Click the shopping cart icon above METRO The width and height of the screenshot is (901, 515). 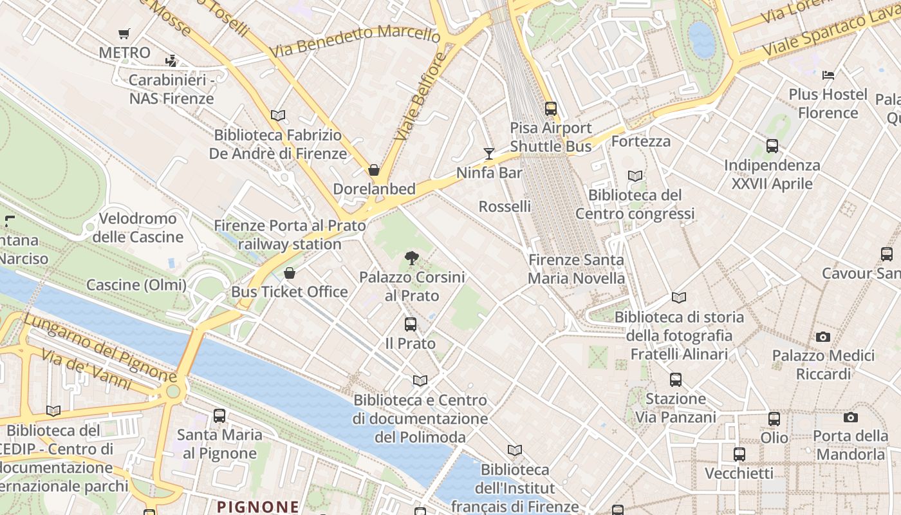coord(124,33)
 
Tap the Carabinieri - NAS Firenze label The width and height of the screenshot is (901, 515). coord(171,89)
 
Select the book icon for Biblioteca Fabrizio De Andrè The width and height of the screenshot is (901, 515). coord(278,115)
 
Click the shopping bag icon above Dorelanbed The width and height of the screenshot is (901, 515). coord(373,170)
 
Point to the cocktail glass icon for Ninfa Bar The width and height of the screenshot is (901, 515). coord(489,153)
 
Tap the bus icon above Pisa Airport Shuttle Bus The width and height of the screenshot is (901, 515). coord(550,108)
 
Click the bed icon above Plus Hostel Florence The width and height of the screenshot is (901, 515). coord(828,75)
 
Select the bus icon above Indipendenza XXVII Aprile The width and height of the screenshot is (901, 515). coord(772,146)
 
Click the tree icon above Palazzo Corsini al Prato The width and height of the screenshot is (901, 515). coord(412,258)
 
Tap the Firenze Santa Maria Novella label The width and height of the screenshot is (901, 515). coord(576,269)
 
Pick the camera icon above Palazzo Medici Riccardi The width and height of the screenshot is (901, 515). coord(822,337)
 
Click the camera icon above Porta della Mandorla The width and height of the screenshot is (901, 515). coord(850,417)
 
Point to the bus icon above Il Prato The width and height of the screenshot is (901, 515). coord(411,324)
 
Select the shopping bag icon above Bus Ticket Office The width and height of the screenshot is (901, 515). coord(290,273)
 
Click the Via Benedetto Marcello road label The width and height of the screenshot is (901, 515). coord(355,40)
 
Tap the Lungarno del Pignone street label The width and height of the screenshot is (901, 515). coord(100,346)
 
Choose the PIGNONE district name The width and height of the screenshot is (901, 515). coord(258,507)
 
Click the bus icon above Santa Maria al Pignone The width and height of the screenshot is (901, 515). coord(219,415)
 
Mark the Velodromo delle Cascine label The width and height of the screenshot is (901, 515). coord(138,228)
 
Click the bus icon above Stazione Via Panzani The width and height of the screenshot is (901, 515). coord(675,379)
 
